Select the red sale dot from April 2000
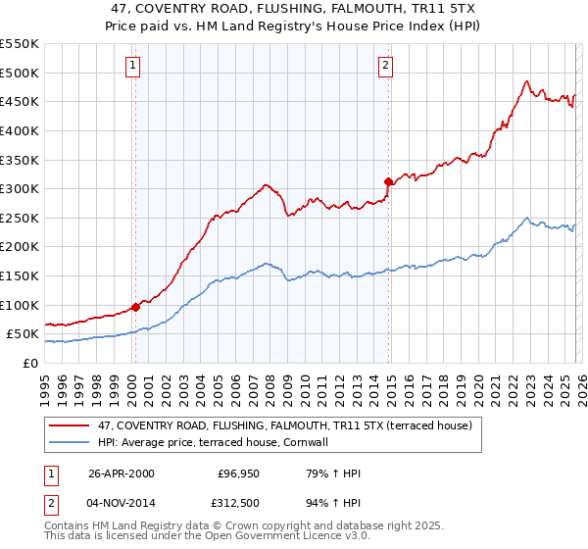coord(135,307)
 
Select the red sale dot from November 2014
coord(388,181)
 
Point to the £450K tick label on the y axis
coord(20,101)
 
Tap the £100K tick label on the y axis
coord(20,305)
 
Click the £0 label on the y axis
coord(29,363)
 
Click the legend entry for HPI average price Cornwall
coord(217,442)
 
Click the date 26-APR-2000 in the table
coord(121,474)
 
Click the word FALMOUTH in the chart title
coord(332,8)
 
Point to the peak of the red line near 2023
coord(526,81)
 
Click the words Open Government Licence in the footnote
coord(290,537)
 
